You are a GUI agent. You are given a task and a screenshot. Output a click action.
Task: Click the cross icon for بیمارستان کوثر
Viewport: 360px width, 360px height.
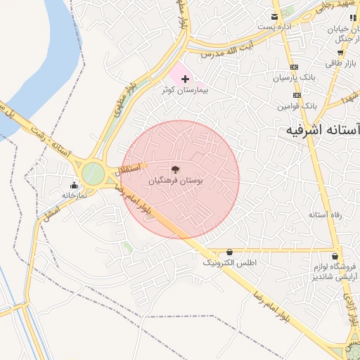pyautogui.click(x=185, y=79)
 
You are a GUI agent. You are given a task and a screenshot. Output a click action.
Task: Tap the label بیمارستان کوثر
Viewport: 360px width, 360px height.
pyautogui.click(x=185, y=91)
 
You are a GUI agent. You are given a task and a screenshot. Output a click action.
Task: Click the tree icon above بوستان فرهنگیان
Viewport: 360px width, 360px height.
pyautogui.click(x=175, y=169)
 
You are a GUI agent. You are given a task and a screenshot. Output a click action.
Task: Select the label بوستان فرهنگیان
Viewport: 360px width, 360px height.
pyautogui.click(x=175, y=181)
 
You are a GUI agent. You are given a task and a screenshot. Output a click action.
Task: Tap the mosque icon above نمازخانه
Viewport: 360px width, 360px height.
pyautogui.click(x=75, y=185)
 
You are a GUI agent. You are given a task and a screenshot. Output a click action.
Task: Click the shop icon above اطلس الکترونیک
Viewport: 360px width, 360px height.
pyautogui.click(x=229, y=252)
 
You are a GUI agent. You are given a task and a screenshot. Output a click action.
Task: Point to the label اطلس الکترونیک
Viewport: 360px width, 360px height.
pyautogui.click(x=230, y=263)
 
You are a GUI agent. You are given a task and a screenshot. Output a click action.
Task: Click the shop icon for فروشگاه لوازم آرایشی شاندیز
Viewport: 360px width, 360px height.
pyautogui.click(x=335, y=257)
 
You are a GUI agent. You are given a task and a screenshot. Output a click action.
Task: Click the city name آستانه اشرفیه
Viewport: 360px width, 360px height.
pyautogui.click(x=323, y=131)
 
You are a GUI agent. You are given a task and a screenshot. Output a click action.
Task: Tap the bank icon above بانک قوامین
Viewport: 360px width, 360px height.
pyautogui.click(x=297, y=95)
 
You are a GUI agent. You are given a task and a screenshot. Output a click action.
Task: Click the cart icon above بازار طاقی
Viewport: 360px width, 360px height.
pyautogui.click(x=340, y=53)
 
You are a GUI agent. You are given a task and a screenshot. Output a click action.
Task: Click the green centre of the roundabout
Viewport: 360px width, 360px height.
pyautogui.click(x=93, y=173)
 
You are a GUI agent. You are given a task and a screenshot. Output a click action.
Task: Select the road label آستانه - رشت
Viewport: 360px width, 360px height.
pyautogui.click(x=47, y=134)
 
